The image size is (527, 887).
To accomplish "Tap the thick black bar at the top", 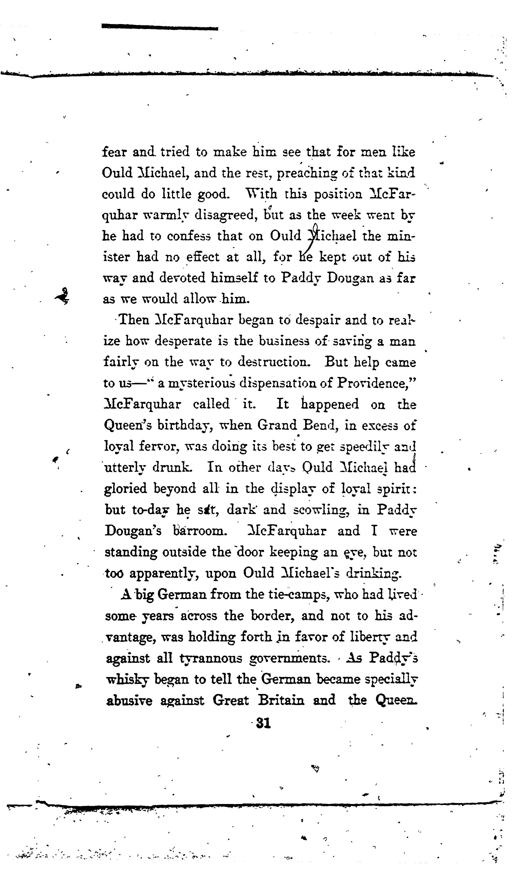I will coord(160,27).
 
